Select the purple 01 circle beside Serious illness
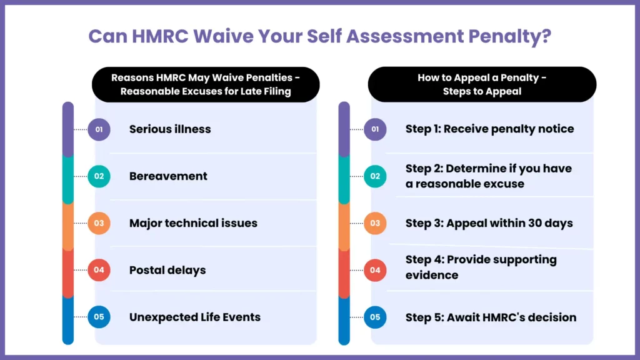click(x=99, y=129)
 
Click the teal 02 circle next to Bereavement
click(x=99, y=176)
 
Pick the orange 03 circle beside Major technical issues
click(x=99, y=223)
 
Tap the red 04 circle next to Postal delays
click(x=99, y=270)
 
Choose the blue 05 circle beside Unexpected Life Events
click(x=99, y=317)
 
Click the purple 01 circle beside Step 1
click(x=375, y=129)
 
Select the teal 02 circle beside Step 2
click(x=375, y=176)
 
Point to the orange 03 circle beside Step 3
click(x=375, y=223)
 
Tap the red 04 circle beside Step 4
click(x=375, y=270)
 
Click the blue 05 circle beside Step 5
click(x=375, y=317)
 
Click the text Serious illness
click(x=170, y=129)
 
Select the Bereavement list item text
click(x=168, y=176)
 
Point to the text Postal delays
click(x=167, y=270)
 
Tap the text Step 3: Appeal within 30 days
click(x=489, y=223)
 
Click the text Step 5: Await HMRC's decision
click(x=491, y=317)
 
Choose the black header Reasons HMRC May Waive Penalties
click(x=206, y=84)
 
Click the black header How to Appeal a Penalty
click(x=482, y=84)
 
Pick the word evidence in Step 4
click(x=432, y=276)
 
